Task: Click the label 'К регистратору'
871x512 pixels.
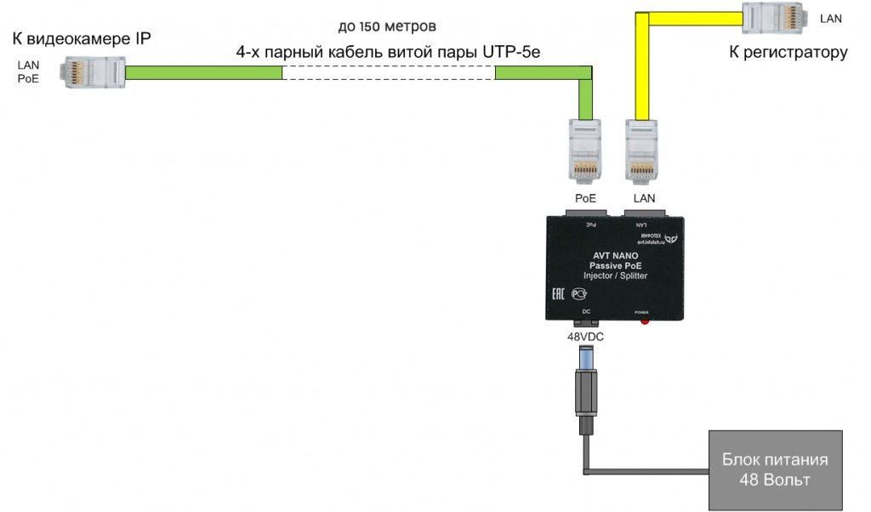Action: pos(788,53)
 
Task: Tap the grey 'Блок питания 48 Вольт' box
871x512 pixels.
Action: pos(775,470)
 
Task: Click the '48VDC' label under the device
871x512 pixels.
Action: pos(586,336)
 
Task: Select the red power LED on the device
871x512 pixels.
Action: pos(645,321)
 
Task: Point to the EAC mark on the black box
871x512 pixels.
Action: pos(559,293)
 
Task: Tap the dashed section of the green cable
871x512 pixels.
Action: pos(388,73)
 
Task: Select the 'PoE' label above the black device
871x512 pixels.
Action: pos(584,198)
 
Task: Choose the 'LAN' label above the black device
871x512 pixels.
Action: pos(644,198)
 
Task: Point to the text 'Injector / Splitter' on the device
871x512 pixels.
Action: pos(614,276)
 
